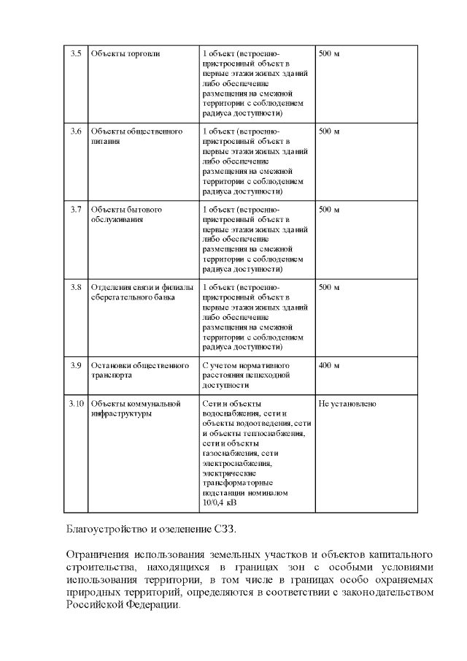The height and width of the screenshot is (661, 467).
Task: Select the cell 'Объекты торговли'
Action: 125,54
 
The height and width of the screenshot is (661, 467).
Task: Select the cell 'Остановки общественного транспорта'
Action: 139,370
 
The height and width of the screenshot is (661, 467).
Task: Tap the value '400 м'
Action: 330,364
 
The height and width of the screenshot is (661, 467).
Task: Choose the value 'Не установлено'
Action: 347,403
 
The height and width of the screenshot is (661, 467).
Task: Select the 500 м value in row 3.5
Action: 330,54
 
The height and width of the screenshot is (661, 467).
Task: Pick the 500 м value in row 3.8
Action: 330,287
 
